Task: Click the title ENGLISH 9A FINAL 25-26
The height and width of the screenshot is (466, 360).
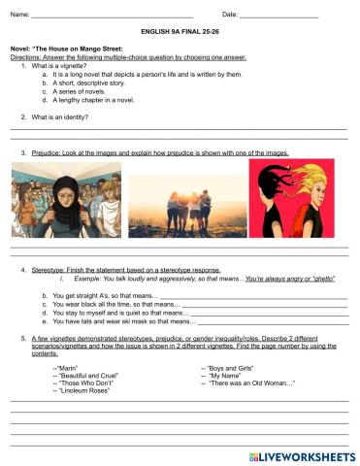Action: click(180, 32)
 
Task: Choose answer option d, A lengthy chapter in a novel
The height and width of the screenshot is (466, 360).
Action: click(110, 100)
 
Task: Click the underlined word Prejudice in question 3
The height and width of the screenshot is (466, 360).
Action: click(49, 152)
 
